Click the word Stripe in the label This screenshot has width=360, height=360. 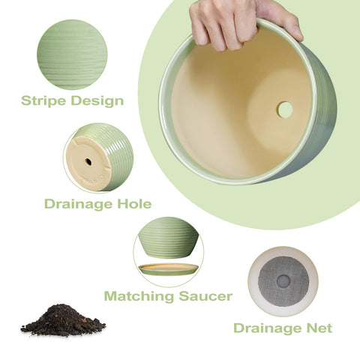click(43, 100)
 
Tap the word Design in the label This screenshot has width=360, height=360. click(97, 100)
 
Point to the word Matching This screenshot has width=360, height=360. click(139, 296)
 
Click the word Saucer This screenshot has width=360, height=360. click(205, 296)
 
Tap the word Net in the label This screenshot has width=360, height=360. click(319, 328)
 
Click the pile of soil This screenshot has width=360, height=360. click(63, 320)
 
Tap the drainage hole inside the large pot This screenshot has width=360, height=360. click(285, 109)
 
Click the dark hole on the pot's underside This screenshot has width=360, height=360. click(88, 162)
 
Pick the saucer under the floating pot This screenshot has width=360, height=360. click(169, 269)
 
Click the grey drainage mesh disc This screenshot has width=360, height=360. click(283, 281)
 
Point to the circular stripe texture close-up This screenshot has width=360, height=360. click(72, 55)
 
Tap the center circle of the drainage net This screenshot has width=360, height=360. click(283, 281)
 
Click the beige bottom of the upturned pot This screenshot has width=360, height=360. click(88, 163)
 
